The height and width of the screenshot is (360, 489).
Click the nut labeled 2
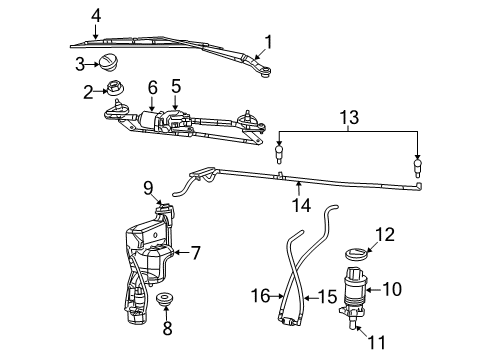[123, 91]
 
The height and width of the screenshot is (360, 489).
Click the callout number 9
[148, 186]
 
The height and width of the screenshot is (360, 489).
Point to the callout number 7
[196, 253]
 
